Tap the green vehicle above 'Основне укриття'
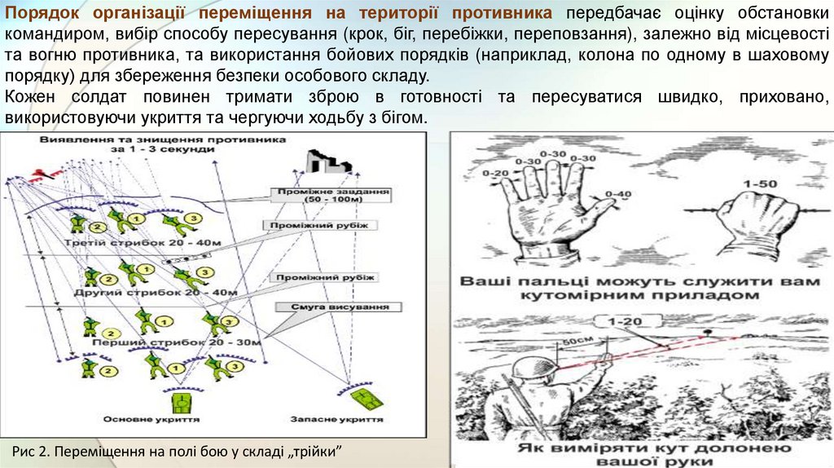tap(180, 402)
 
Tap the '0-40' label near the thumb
tap(619, 193)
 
